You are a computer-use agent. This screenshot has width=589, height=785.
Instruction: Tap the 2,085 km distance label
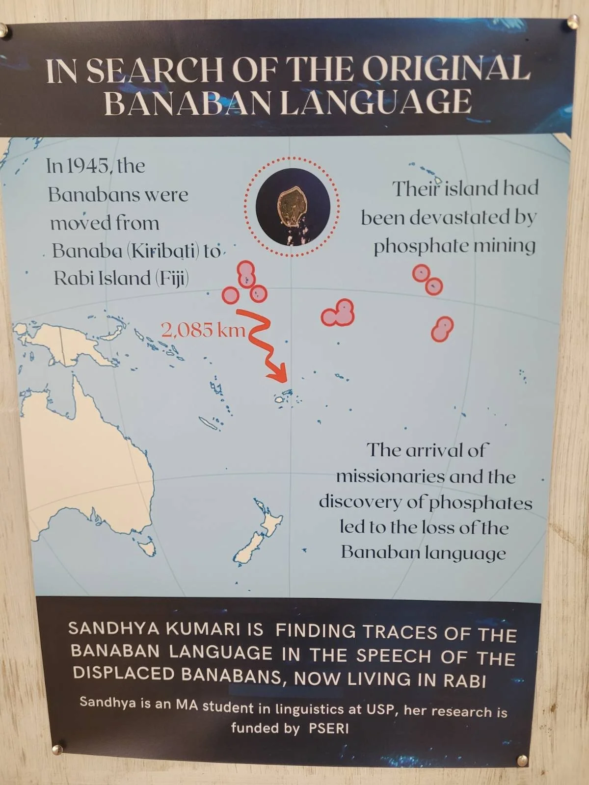click(203, 330)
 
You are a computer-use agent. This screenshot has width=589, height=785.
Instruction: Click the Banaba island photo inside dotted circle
click(293, 206)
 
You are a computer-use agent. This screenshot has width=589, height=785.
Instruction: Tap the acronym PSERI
click(329, 728)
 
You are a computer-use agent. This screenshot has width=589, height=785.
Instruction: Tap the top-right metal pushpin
click(572, 21)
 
